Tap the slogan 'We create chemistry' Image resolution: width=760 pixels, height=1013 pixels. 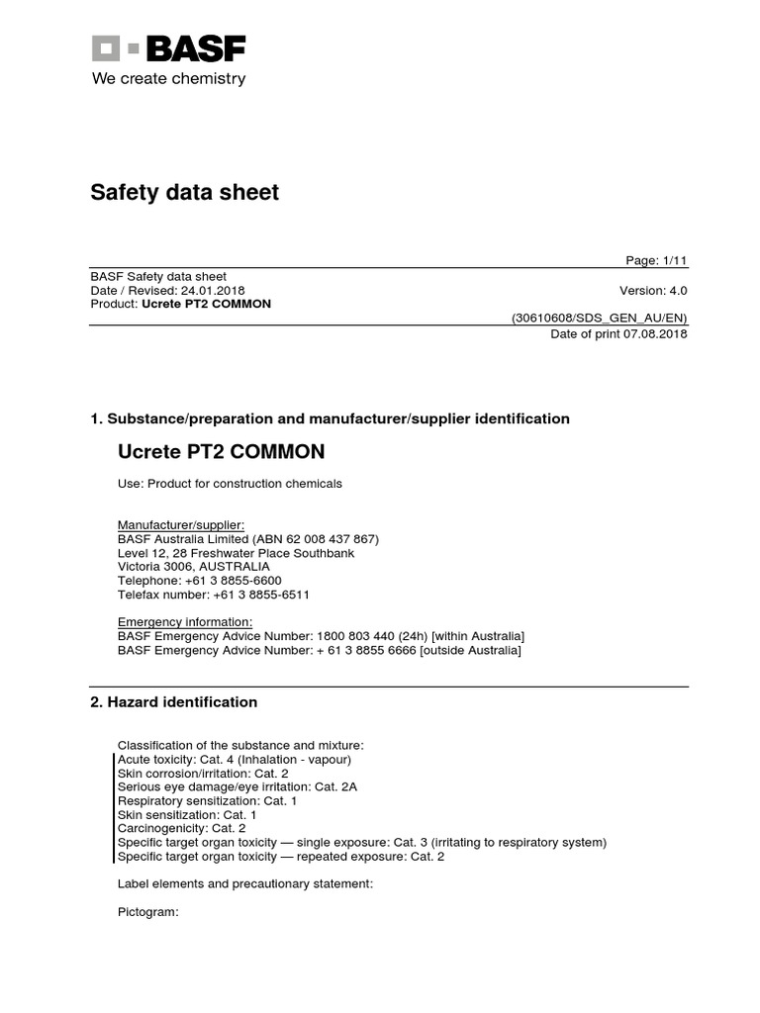168,79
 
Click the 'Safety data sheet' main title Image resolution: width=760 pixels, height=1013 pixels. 185,192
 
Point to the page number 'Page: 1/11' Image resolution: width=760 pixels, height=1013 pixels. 656,260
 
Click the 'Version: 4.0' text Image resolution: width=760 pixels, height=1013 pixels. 653,291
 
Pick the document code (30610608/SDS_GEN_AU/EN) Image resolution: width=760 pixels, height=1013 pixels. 599,319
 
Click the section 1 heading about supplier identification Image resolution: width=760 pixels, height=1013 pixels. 330,418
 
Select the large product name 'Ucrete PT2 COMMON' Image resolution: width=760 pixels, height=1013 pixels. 221,452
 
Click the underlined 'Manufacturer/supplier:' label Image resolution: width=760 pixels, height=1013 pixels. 181,524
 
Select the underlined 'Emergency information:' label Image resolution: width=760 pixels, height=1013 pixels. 185,621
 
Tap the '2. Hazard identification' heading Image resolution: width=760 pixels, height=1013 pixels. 174,702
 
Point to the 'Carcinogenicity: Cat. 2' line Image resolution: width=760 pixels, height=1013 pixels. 181,828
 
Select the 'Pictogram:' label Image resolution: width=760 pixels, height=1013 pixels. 147,912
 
